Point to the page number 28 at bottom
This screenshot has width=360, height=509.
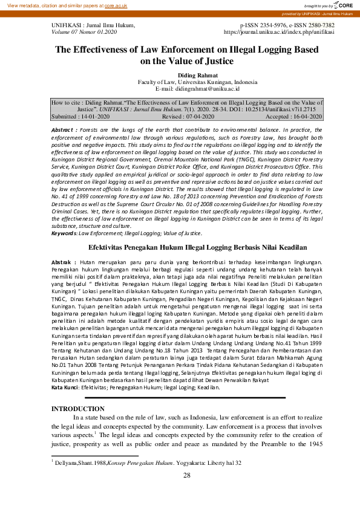point(186,476)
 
